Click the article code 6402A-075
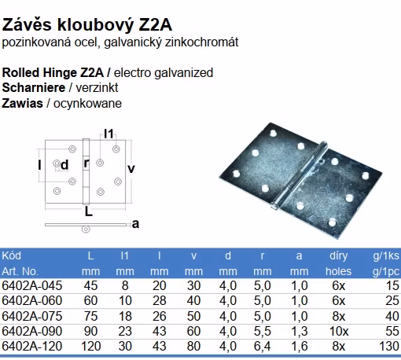pyautogui.click(x=32, y=316)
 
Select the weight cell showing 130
pyautogui.click(x=389, y=346)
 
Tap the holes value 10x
pyautogui.click(x=339, y=331)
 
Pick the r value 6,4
pyautogui.click(x=262, y=346)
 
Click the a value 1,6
pyautogui.click(x=300, y=346)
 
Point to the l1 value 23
pyautogui.click(x=125, y=331)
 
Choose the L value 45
pyautogui.click(x=90, y=285)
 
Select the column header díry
pyautogui.click(x=338, y=255)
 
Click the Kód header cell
pyautogui.click(x=11, y=255)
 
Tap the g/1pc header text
pyautogui.click(x=386, y=272)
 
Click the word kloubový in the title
pyautogui.click(x=95, y=25)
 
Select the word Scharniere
pyautogui.click(x=34, y=88)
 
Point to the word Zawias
pyautogui.click(x=22, y=103)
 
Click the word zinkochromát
pyautogui.click(x=201, y=42)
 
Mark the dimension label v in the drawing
pyautogui.click(x=131, y=168)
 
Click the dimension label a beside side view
pyautogui.click(x=135, y=224)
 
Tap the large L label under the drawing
pyautogui.click(x=89, y=211)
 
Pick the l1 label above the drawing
pyautogui.click(x=109, y=134)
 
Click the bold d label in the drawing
pyautogui.click(x=64, y=165)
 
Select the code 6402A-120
pyautogui.click(x=32, y=346)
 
